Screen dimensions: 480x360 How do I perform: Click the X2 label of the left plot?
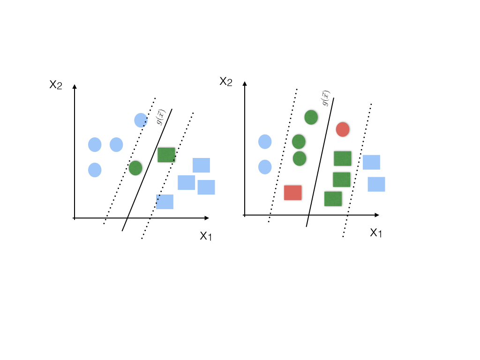56,85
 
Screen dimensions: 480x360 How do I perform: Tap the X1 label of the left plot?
206,236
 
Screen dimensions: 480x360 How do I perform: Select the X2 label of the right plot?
226,82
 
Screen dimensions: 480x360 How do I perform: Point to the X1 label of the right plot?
376,233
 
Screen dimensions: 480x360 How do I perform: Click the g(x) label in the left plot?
160,117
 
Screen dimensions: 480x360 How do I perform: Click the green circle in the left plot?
135,168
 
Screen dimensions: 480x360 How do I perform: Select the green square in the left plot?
166,155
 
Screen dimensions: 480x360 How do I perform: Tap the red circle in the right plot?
343,129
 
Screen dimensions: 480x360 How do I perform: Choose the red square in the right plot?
292,193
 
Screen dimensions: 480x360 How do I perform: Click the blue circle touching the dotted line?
141,120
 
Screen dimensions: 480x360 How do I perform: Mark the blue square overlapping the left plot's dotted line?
165,202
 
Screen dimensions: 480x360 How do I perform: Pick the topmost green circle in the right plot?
311,117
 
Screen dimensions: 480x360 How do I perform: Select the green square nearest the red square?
333,199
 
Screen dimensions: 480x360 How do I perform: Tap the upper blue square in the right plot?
371,162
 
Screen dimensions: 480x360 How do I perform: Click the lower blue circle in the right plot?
265,167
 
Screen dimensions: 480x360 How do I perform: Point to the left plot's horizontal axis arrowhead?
207,218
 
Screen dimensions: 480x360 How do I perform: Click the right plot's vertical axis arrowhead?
245,83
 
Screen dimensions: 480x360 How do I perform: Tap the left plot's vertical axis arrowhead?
75,87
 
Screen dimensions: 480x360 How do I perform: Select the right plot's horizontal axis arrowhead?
377,215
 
